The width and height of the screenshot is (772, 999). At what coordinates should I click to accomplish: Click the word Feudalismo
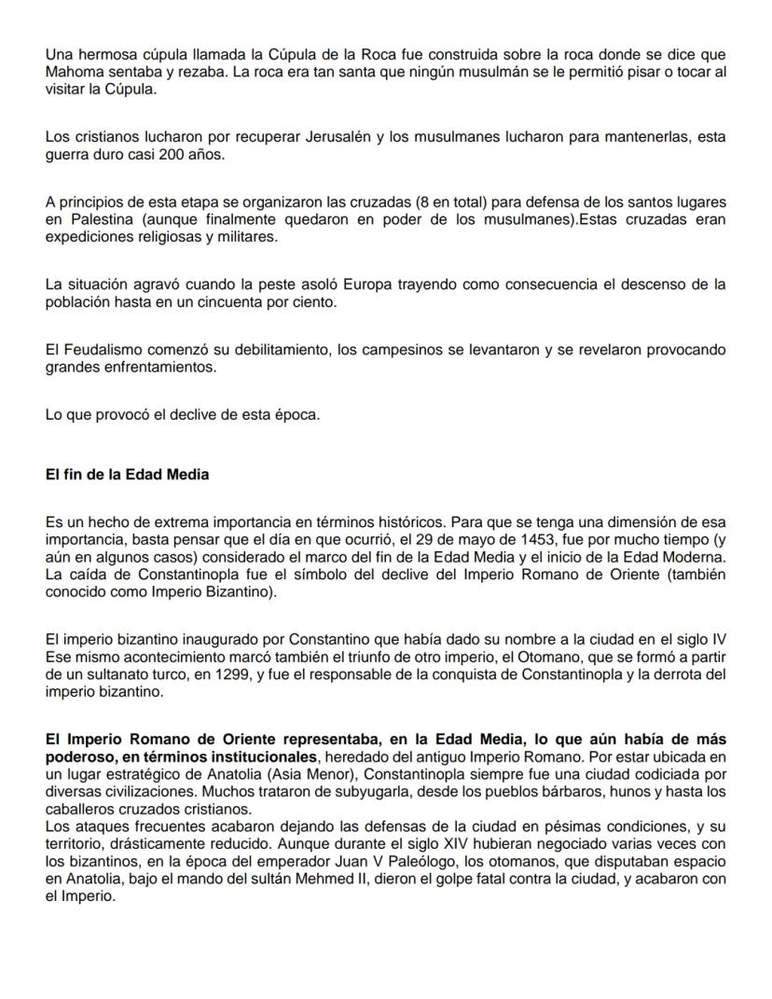tap(107, 350)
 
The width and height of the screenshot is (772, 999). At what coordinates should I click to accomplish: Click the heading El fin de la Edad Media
tap(127, 475)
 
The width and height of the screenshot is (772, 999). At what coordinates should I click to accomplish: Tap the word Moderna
tap(696, 558)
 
